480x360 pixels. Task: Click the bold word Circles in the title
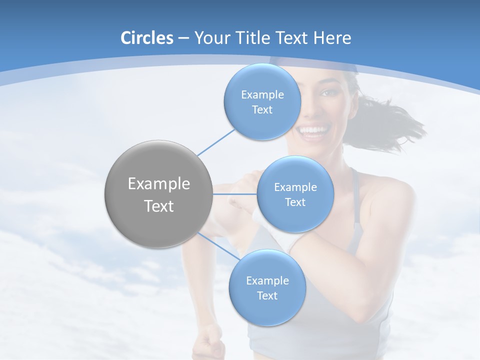tap(147, 38)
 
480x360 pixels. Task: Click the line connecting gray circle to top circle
tap(216, 141)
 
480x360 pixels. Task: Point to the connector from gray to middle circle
tap(235, 194)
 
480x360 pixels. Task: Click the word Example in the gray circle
tap(159, 184)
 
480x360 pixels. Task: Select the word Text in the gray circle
tap(159, 206)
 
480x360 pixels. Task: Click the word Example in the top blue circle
tap(262, 95)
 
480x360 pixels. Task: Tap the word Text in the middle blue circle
tap(295, 202)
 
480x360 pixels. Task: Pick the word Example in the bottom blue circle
tap(267, 281)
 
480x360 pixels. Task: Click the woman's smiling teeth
tap(313, 131)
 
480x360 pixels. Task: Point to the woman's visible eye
tap(327, 93)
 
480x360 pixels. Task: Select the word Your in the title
tap(211, 38)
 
